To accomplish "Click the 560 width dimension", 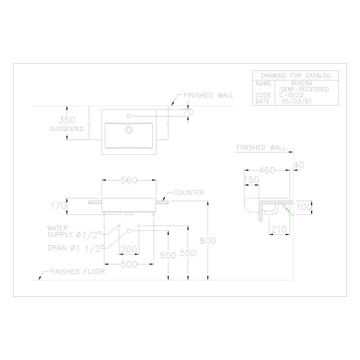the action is point(129,180).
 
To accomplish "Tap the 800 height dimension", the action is point(208,241).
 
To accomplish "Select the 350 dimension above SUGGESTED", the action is point(67,120).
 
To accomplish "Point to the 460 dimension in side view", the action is point(267,170).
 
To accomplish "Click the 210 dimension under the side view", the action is point(279,229).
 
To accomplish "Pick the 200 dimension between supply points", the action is point(129,249).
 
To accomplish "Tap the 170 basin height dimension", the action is point(58,206).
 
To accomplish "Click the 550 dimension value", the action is point(188,253).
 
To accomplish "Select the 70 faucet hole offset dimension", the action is point(188,112).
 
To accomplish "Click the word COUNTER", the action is point(188,193).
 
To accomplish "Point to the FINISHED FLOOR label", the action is point(77,272).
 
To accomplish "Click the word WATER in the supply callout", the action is point(57,228).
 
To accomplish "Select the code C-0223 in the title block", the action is point(291,95).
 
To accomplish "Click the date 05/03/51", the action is point(296,101).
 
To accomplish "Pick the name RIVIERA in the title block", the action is point(302,83).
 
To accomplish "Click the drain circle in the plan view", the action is point(129,130).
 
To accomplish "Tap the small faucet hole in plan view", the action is point(129,116).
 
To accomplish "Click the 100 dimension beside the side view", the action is point(304,207).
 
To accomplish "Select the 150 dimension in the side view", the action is point(252,180).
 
